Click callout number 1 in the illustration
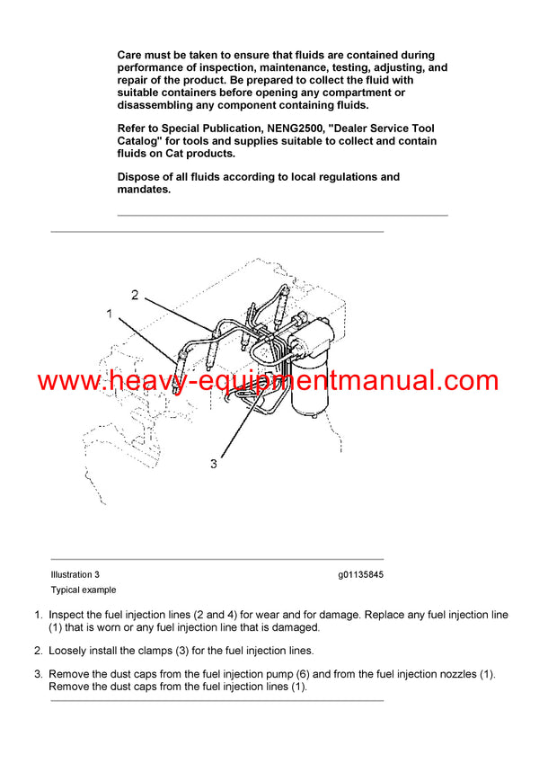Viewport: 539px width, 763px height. (110, 315)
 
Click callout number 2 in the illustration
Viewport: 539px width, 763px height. (135, 295)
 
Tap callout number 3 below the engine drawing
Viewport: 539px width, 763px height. (214, 464)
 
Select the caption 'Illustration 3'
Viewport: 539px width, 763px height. (75, 574)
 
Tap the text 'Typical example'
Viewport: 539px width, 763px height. (84, 590)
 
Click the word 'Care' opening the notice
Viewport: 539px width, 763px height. (132, 56)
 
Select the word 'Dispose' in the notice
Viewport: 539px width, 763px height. (141, 177)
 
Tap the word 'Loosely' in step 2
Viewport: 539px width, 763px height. (69, 651)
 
